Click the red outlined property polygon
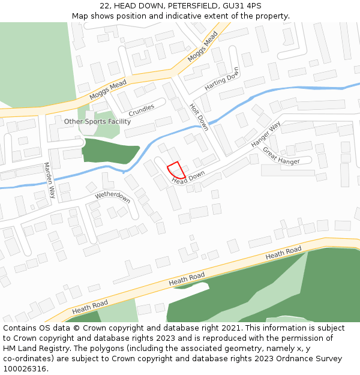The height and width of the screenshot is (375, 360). (x=176, y=170)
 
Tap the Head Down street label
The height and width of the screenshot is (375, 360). (x=188, y=178)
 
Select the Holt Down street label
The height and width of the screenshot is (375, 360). (x=199, y=117)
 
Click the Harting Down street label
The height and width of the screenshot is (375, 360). (x=221, y=79)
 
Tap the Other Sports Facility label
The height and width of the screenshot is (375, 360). (x=97, y=121)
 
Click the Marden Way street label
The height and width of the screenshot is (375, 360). (x=49, y=181)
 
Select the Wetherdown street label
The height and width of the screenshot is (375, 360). (x=112, y=197)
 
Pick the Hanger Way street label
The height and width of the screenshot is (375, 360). (x=266, y=135)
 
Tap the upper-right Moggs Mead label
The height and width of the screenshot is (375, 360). (x=202, y=47)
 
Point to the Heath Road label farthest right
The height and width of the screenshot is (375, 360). (x=283, y=253)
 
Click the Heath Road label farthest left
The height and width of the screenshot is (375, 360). (x=90, y=307)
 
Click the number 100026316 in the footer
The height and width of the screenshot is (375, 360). (x=26, y=368)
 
